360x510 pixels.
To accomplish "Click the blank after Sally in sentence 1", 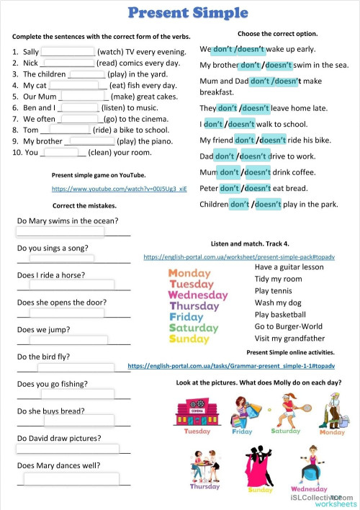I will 68,52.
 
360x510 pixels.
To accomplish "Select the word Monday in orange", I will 189,273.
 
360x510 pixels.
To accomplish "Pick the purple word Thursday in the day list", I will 194,306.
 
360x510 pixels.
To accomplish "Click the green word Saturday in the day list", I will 193,328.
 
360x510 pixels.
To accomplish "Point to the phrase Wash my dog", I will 278,303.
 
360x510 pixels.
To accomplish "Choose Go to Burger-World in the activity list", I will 289,326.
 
